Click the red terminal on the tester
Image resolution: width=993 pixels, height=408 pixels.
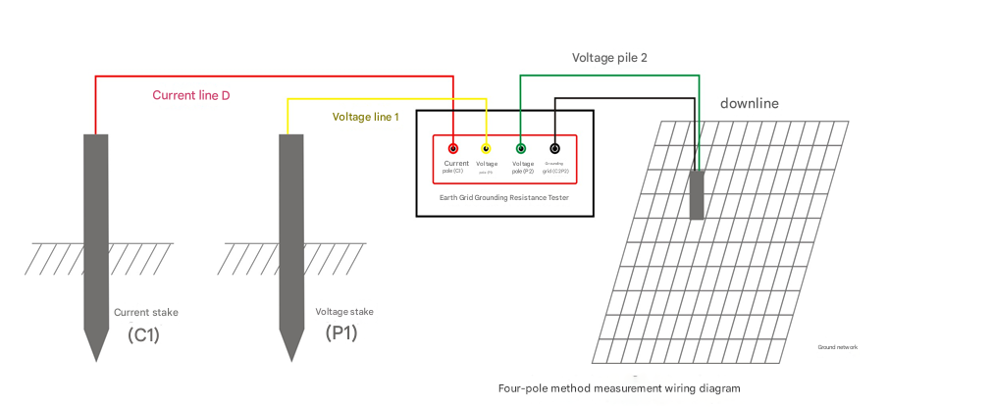pos(452,148)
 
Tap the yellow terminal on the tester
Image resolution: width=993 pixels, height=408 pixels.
pos(487,148)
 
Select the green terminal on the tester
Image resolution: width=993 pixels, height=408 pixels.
pos(520,148)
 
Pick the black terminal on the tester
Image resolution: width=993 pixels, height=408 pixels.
pos(554,148)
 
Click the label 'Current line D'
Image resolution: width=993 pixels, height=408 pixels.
pos(190,95)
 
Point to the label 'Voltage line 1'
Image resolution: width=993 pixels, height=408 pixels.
pos(365,117)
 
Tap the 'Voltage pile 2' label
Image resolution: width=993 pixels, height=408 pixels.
pos(609,58)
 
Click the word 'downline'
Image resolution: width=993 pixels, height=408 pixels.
pos(750,103)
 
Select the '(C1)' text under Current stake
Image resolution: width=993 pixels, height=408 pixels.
pos(143,333)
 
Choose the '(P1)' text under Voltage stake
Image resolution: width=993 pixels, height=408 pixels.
pos(341,332)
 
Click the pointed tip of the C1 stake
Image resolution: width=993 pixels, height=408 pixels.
pos(95,357)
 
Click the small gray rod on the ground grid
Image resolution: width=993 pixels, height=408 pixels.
pos(697,194)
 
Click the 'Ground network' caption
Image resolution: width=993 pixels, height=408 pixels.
pos(838,347)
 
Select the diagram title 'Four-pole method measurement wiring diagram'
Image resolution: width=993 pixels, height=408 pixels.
pos(619,388)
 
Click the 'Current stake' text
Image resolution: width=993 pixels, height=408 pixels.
pos(146,312)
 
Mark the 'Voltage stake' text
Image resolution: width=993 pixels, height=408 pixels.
pos(343,311)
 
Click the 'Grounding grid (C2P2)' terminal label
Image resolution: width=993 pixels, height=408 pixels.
pos(554,167)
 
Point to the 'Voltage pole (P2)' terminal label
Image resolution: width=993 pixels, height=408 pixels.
pos(522,167)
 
